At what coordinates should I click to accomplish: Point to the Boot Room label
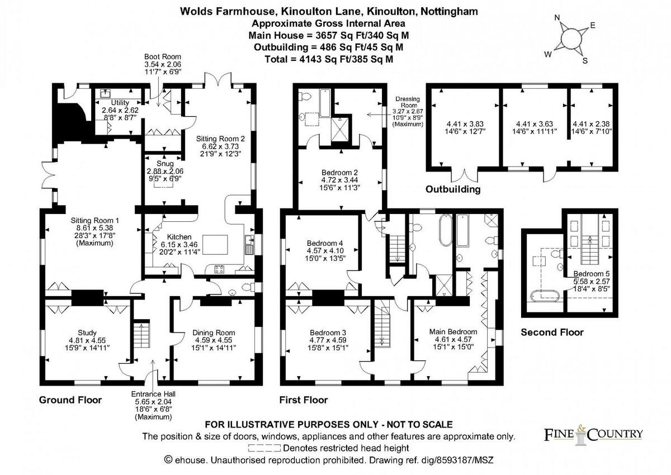click(x=163, y=57)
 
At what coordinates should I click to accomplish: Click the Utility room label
click(x=120, y=103)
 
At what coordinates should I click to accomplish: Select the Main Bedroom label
click(x=453, y=331)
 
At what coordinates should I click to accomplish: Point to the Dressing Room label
click(x=407, y=99)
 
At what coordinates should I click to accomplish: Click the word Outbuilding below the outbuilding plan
click(x=453, y=189)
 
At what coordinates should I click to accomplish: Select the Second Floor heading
click(x=552, y=332)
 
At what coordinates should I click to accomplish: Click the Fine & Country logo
click(x=593, y=434)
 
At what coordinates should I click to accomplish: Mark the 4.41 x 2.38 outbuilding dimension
click(x=592, y=123)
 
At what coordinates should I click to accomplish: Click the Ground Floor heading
click(x=70, y=400)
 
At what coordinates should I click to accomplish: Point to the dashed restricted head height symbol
click(x=264, y=448)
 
